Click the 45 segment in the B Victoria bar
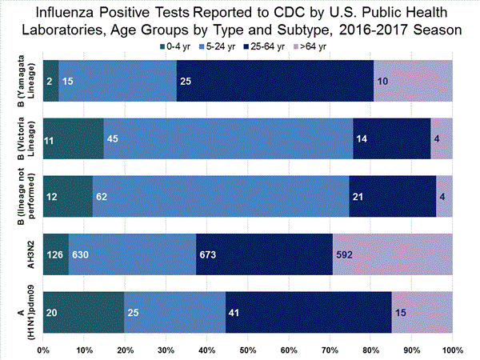click(x=228, y=139)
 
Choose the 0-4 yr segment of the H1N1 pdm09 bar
click(x=83, y=312)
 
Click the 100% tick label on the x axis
click(x=452, y=350)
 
